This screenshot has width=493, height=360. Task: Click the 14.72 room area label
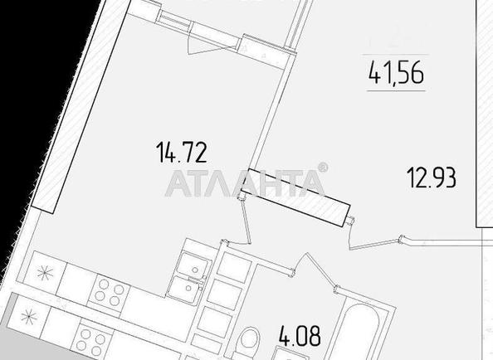(x=180, y=153)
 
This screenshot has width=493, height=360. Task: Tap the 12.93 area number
(x=432, y=176)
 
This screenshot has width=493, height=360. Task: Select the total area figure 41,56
(x=395, y=74)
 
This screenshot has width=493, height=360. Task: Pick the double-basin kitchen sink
(x=188, y=277)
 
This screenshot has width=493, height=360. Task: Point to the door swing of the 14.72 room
(x=247, y=220)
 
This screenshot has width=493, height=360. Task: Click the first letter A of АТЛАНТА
(x=178, y=183)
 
